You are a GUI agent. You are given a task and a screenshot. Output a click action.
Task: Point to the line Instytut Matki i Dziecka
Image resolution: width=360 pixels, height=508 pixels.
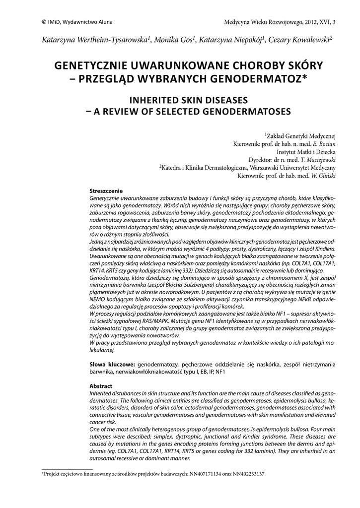(x=306, y=152)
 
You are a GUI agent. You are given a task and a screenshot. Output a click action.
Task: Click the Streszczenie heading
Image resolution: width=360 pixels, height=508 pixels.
(x=106, y=191)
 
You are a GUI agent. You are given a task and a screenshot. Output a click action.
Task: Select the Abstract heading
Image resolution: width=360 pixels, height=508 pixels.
(x=101, y=385)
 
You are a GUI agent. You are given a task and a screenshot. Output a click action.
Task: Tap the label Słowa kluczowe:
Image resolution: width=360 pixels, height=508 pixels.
(x=112, y=364)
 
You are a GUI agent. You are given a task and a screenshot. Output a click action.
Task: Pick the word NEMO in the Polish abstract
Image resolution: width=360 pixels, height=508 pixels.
(x=98, y=301)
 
